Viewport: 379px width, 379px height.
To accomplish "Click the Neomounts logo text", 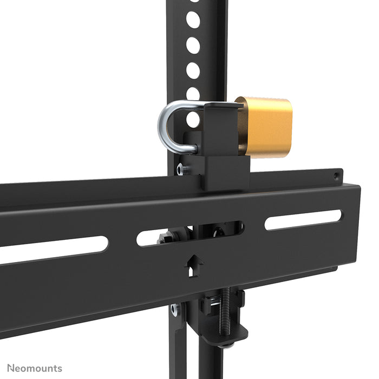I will (x=31, y=369).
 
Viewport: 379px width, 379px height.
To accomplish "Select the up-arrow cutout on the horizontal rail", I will (x=193, y=265).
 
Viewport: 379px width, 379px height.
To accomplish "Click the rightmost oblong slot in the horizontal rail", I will (x=303, y=219).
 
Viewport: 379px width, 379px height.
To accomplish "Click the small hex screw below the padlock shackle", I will (x=183, y=169).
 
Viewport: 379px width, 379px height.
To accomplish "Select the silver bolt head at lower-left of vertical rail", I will (x=174, y=310).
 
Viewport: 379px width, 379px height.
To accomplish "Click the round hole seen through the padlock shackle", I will (x=193, y=119).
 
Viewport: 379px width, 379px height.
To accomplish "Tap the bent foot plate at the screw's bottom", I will (x=222, y=339).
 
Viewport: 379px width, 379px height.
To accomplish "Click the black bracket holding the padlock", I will (x=222, y=146).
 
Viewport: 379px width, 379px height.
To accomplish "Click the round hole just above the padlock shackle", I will (x=193, y=93).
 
